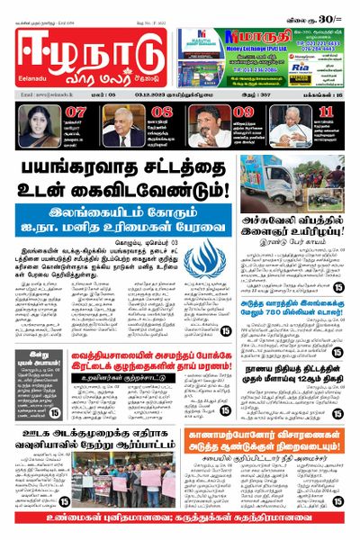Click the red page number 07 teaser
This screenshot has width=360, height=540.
tap(76, 112)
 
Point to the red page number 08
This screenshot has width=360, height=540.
tap(163, 112)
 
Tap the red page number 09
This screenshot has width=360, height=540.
tap(243, 112)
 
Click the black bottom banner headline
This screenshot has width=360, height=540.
tap(180, 531)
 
